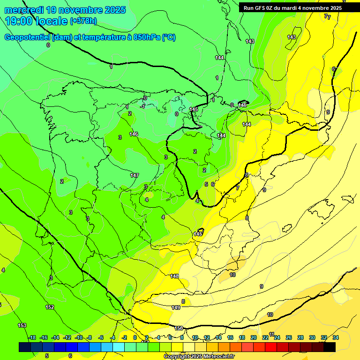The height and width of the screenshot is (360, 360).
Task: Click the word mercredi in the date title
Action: point(24,10)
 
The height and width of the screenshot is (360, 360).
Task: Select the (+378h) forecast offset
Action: point(83,21)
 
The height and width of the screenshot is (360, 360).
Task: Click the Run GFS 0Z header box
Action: point(292,7)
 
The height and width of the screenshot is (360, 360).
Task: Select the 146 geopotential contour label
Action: point(134,135)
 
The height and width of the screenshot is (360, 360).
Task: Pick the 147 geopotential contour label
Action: point(135,175)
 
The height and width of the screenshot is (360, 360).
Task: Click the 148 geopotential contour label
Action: point(174,277)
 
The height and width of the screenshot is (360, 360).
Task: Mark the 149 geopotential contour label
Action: point(176,307)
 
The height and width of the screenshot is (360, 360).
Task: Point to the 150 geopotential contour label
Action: point(179,328)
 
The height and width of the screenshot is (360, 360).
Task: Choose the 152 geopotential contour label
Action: point(50,307)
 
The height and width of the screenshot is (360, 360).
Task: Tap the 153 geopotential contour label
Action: point(22,325)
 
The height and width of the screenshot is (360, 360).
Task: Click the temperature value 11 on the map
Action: point(271,334)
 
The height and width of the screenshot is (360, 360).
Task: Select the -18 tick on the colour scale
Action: point(31,337)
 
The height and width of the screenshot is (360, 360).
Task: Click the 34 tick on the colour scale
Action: point(336,337)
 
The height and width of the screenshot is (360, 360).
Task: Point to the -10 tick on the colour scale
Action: point(79,337)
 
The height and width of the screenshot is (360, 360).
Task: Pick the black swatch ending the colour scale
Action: point(330,347)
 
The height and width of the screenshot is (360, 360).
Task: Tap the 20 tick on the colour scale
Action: point(254,337)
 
